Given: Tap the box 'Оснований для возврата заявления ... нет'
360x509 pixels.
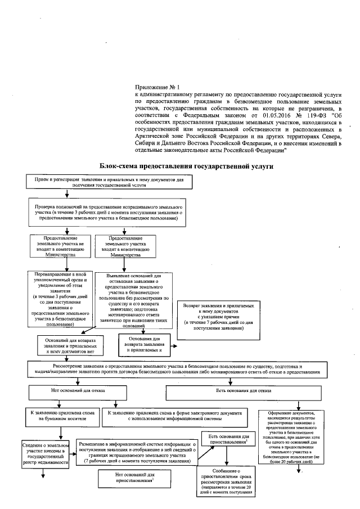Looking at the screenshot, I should [x=67, y=345].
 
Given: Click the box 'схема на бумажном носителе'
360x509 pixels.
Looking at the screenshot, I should [x=62, y=415].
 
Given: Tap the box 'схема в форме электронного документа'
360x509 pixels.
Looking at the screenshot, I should [x=175, y=415].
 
